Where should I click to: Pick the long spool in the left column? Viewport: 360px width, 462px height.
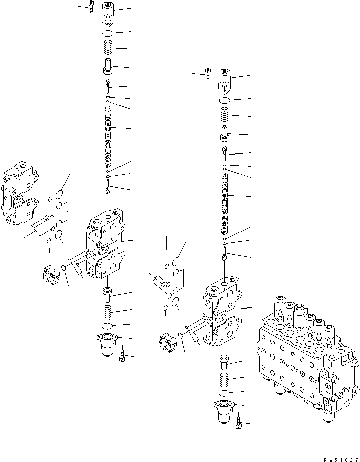[108, 136]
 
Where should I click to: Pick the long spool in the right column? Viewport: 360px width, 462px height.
[225, 204]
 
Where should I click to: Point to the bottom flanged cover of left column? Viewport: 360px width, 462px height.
[107, 344]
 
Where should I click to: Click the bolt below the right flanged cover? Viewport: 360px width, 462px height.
[238, 424]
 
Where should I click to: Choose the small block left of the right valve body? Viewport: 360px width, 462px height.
[167, 343]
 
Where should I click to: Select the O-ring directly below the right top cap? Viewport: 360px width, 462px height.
[225, 101]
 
